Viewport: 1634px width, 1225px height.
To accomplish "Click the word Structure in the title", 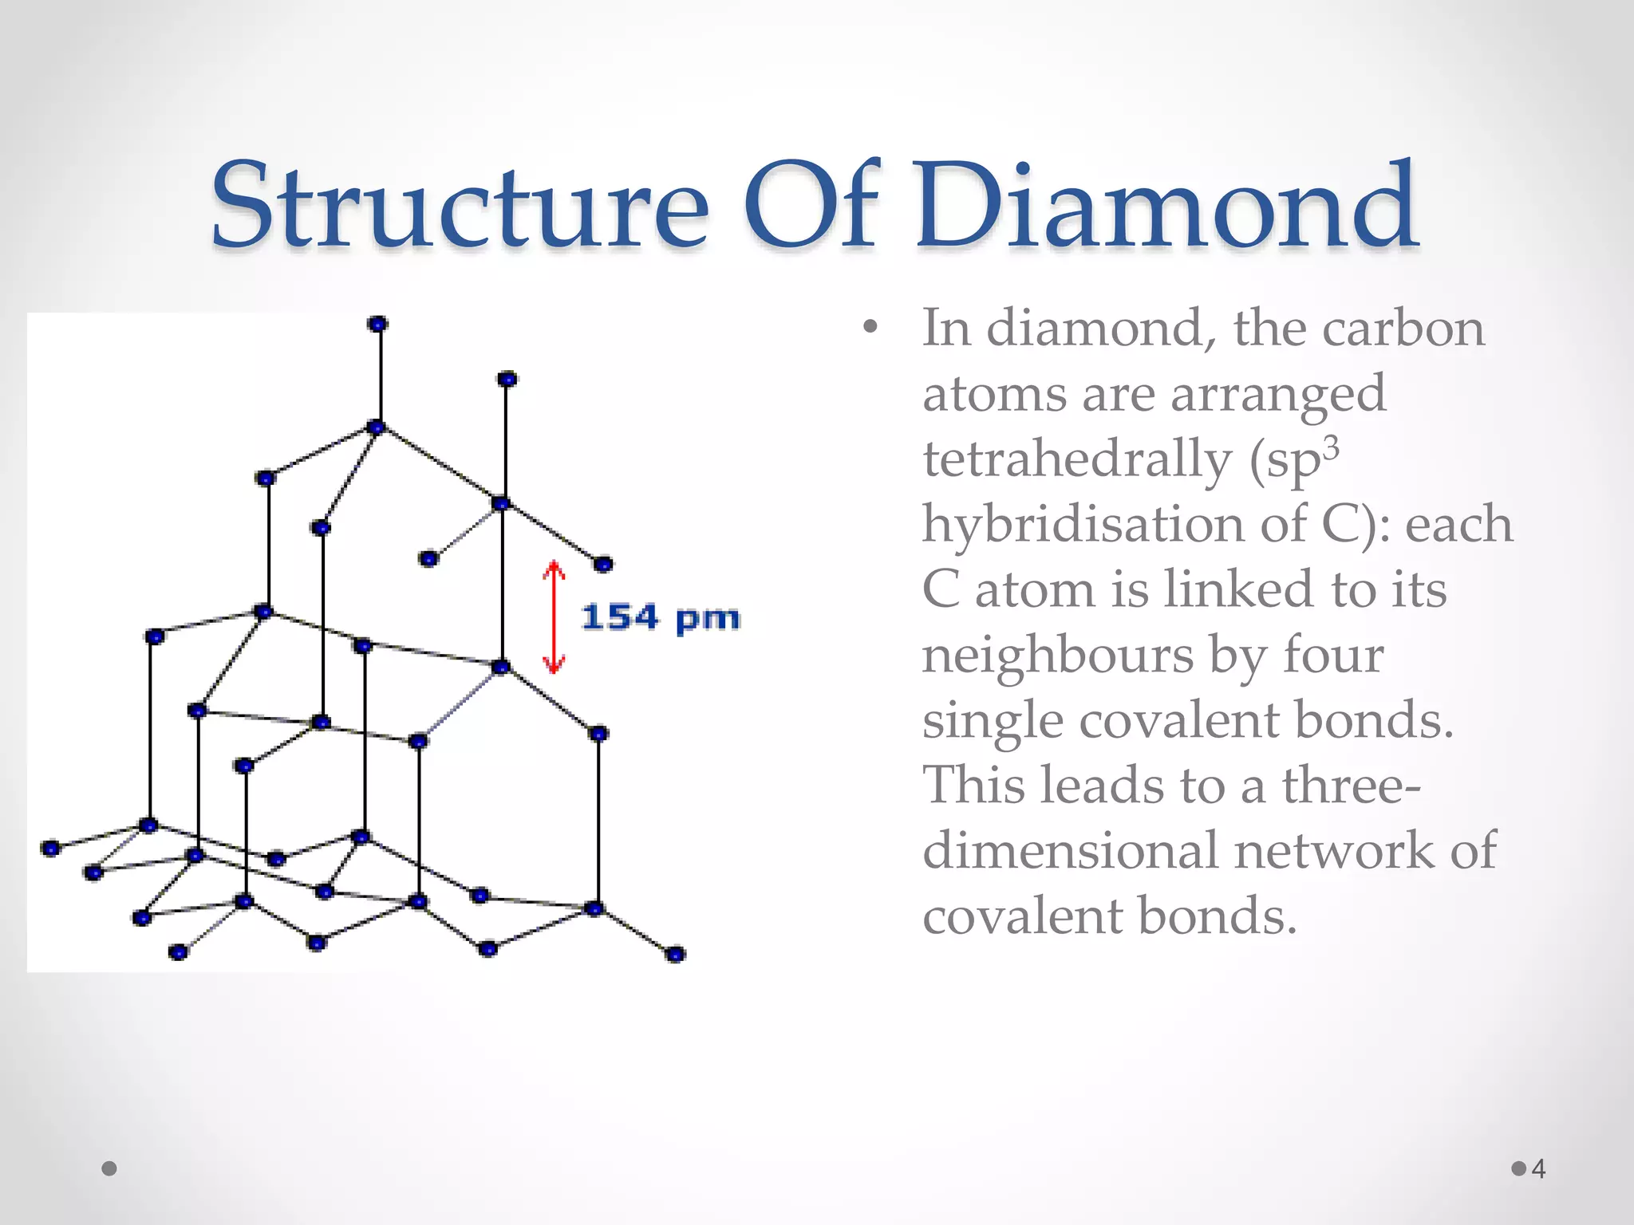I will click(459, 205).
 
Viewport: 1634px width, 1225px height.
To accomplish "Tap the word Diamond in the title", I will click(1166, 205).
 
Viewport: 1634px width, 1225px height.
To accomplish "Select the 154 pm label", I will click(661, 618).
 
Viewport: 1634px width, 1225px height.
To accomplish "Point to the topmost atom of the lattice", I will click(378, 324).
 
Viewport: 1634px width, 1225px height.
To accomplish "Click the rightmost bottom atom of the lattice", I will click(675, 955).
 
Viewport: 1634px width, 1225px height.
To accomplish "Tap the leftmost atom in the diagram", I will click(51, 848).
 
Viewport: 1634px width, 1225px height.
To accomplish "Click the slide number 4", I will click(1539, 1169).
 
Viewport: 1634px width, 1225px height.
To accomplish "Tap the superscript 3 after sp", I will click(1331, 448).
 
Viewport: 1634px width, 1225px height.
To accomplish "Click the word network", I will click(1334, 851).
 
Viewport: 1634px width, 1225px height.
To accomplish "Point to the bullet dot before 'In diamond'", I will click(870, 327).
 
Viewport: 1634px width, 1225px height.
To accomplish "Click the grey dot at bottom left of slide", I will click(110, 1169).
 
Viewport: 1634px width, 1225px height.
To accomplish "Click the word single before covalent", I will click(993, 721).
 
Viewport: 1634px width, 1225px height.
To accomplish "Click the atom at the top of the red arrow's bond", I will click(501, 504).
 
